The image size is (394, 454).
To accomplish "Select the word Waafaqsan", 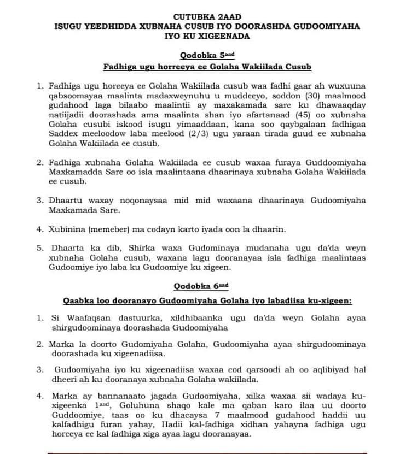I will (x=85, y=318).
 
